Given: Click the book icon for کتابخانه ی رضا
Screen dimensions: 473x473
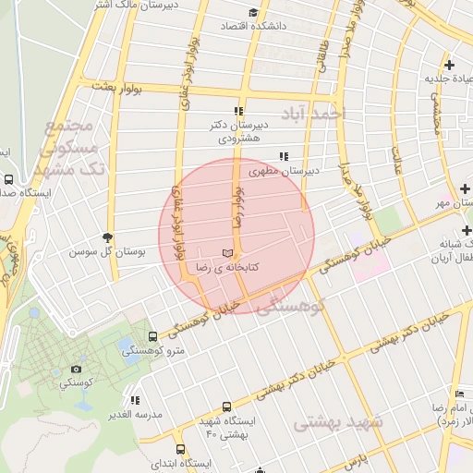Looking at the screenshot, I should click(227, 253).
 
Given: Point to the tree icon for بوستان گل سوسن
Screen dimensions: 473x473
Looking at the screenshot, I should click(108, 236).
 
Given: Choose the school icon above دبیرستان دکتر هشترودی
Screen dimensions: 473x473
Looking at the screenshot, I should click(239, 110).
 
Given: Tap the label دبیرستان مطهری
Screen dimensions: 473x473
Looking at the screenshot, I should click(313, 170).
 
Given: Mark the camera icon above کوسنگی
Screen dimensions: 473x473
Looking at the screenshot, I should click(76, 368).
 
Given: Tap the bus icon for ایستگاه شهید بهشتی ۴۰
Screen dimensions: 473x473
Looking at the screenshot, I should click(227, 406).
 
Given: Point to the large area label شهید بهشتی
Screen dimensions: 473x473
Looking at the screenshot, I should click(337, 423).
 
